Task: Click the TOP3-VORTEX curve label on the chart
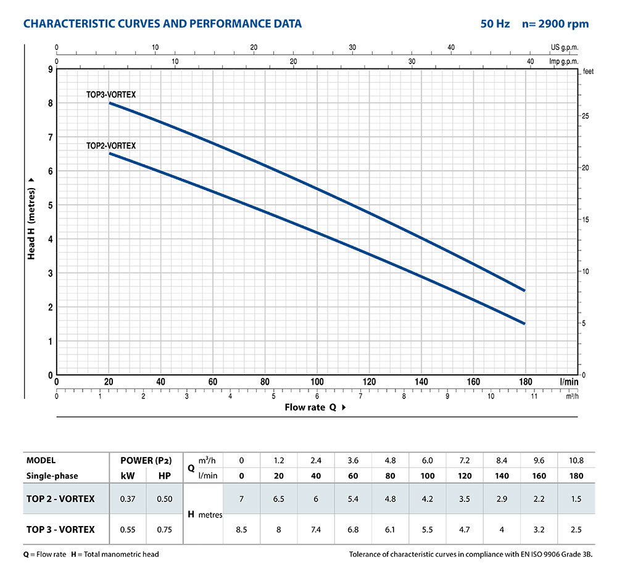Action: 110,94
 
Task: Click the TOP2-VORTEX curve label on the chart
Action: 110,146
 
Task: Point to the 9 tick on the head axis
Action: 50,69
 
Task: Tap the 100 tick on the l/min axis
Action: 317,382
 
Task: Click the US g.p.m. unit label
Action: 565,47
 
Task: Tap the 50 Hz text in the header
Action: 495,24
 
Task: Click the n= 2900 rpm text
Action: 555,24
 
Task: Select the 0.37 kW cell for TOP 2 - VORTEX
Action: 128,498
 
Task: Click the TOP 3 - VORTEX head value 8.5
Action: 241,529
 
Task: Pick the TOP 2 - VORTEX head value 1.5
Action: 575,498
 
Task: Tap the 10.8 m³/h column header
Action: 575,460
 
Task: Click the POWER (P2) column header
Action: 146,460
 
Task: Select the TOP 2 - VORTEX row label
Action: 60,498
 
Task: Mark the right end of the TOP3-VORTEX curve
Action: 524,290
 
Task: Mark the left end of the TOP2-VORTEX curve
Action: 110,153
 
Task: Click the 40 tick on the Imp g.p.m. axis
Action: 530,61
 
